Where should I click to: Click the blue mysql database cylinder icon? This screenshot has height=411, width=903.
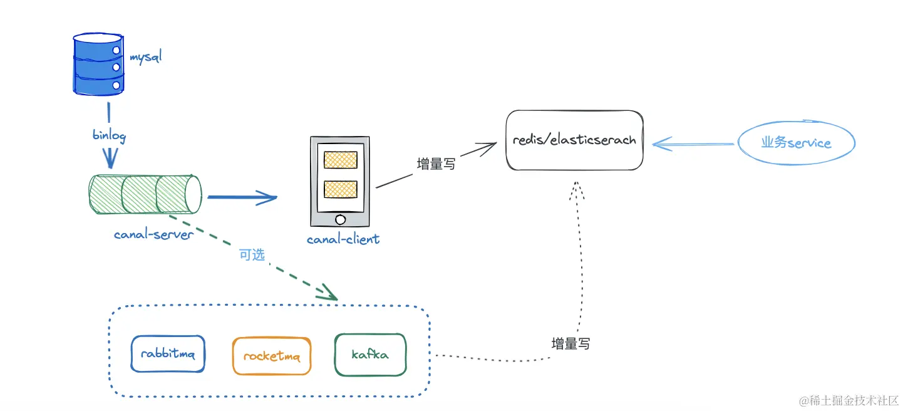click(98, 65)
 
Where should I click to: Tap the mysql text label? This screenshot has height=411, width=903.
click(145, 58)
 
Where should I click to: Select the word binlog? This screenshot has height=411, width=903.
click(109, 135)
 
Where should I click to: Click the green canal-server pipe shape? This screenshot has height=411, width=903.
click(146, 194)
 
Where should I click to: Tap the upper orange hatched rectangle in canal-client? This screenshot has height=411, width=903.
click(340, 160)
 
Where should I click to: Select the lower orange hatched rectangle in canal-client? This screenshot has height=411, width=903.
click(340, 189)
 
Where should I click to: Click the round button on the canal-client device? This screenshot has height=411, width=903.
click(340, 219)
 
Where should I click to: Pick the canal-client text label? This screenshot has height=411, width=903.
click(343, 239)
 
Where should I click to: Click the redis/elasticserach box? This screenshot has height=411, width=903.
click(574, 140)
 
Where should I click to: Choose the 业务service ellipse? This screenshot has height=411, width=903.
click(796, 143)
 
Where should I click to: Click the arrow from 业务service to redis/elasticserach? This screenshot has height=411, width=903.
click(692, 144)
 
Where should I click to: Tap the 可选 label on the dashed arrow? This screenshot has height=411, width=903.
click(252, 255)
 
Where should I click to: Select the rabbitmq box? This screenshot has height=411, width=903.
click(168, 354)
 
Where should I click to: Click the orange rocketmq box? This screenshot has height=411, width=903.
click(271, 356)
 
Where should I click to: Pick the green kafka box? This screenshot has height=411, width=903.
click(370, 355)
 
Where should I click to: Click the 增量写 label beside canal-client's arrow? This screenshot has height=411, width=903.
click(436, 164)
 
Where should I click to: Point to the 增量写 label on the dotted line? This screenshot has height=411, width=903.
click(570, 343)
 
